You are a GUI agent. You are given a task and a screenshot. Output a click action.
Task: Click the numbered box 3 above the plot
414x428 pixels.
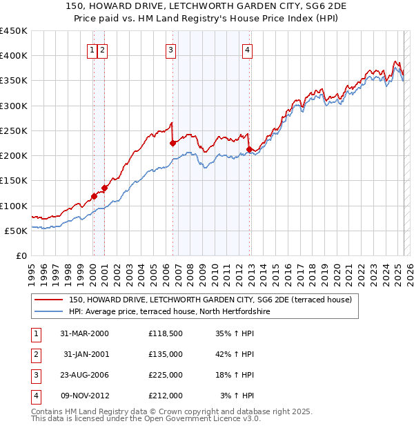pyautogui.click(x=170, y=49)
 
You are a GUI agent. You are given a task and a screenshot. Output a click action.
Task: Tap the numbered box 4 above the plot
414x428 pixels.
pyautogui.click(x=247, y=49)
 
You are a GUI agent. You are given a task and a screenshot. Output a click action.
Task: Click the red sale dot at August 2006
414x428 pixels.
pyautogui.click(x=172, y=144)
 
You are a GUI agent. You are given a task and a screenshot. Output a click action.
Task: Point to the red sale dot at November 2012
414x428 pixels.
pyautogui.click(x=248, y=149)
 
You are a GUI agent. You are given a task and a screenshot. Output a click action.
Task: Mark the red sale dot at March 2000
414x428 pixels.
pyautogui.click(x=94, y=197)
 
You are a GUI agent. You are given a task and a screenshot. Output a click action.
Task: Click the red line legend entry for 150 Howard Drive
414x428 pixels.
pyautogui.click(x=210, y=300)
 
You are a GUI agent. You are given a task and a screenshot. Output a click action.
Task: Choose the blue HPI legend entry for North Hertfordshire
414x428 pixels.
pyautogui.click(x=169, y=312)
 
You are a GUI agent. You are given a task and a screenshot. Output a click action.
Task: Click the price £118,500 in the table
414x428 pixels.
pyautogui.click(x=165, y=333)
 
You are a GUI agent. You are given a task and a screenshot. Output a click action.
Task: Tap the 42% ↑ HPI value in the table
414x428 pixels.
pyautogui.click(x=234, y=354)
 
